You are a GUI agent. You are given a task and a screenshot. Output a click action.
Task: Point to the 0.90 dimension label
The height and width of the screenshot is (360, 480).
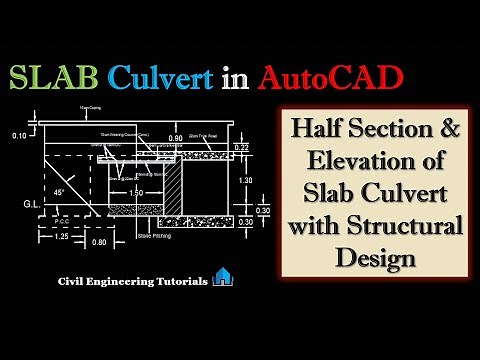tap(177, 137)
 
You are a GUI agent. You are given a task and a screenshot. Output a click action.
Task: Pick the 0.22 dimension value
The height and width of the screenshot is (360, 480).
tap(240, 148)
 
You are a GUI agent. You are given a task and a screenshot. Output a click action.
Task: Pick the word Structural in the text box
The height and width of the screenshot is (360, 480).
tap(403, 226)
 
